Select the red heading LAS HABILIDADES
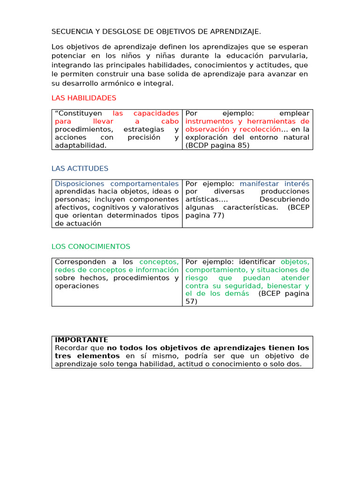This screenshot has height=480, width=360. pyautogui.click(x=84, y=98)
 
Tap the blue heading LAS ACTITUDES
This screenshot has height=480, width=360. pyautogui.click(x=80, y=168)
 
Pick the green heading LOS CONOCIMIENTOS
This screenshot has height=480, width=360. pyautogui.click(x=91, y=247)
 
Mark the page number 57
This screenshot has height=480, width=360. pyautogui.click(x=191, y=302)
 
